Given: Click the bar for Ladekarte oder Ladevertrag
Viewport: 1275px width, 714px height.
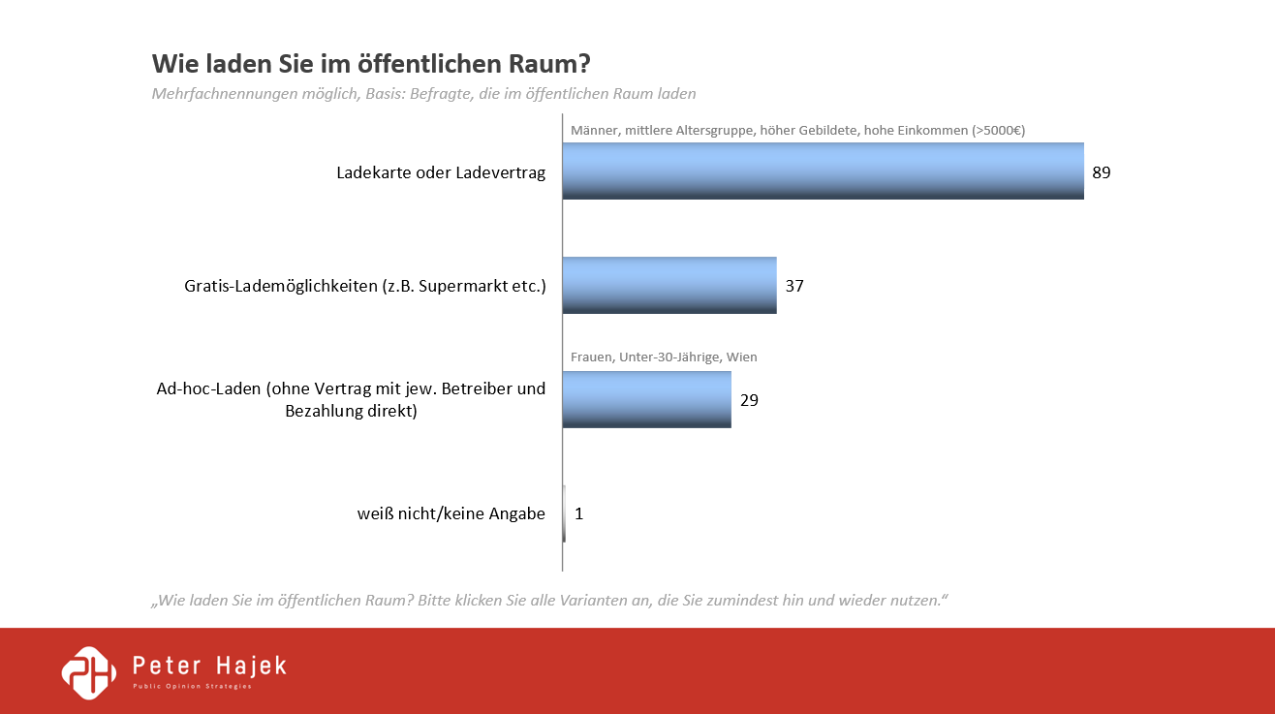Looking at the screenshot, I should [823, 171].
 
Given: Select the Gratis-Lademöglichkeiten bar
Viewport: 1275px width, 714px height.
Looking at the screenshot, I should [669, 286].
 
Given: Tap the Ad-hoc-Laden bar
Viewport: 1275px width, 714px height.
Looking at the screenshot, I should [646, 399].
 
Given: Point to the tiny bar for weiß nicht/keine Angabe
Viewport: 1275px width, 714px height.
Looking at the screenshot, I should [564, 513].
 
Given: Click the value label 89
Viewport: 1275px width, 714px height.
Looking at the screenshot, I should [1101, 173].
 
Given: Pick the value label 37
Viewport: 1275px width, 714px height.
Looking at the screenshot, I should [794, 287].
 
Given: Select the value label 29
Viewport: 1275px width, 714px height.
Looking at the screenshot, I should [749, 400].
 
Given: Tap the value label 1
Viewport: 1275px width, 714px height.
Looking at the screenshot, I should [578, 513].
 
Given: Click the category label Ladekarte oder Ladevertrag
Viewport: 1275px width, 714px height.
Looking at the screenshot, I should [441, 173].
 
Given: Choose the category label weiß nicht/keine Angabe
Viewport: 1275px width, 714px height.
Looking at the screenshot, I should [451, 513].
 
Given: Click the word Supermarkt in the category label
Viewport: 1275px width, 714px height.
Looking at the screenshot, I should [465, 287].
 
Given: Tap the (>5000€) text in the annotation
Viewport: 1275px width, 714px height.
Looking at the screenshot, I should [998, 130].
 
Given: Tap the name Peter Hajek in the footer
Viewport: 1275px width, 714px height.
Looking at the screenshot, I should [209, 667].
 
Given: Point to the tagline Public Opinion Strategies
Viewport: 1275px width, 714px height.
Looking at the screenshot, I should [192, 687].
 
